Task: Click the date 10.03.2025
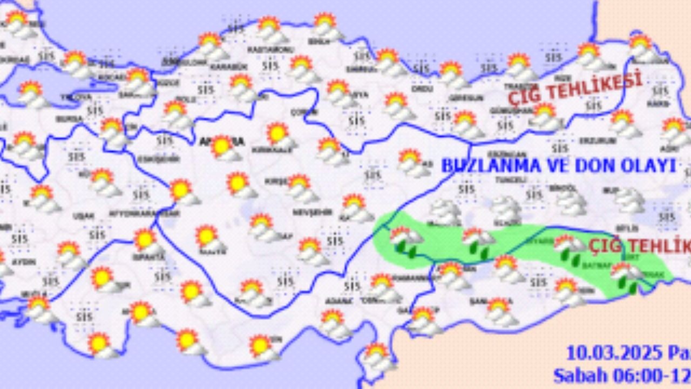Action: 613,353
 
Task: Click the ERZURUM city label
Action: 590,140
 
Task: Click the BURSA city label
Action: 69,118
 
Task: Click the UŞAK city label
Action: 83,216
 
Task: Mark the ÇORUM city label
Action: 298,112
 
